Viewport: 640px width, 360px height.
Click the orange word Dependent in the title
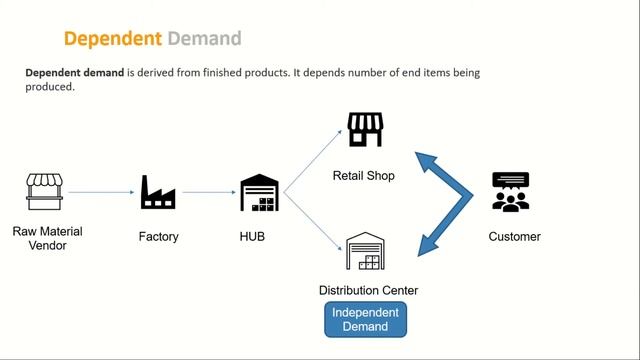(x=112, y=39)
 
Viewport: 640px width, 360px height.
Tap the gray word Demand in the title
(x=204, y=39)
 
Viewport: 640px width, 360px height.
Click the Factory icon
(x=158, y=192)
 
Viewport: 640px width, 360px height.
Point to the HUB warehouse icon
(x=259, y=192)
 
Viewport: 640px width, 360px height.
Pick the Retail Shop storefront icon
(x=364, y=130)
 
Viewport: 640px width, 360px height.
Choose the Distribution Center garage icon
(x=365, y=253)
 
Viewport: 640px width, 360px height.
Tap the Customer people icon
(x=511, y=192)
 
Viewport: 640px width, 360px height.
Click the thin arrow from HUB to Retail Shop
(x=309, y=161)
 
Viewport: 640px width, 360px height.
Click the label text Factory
(x=158, y=237)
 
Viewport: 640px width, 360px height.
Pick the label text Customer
(x=514, y=237)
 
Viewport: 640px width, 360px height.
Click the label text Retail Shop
(x=364, y=176)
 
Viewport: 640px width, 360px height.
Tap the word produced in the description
(x=50, y=87)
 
